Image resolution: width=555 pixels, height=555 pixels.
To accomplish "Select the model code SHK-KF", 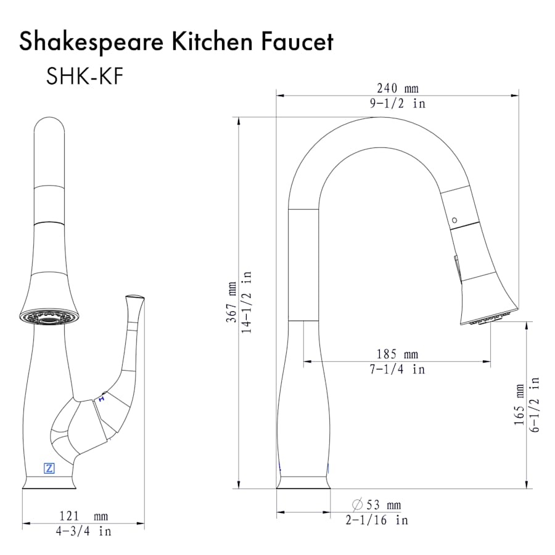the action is coord(84,76).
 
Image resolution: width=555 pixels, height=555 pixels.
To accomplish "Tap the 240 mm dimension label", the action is coord(398,88).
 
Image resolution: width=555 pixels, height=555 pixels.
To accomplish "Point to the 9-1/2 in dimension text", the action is coord(398,104).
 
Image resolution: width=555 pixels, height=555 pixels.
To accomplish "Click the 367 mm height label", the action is coord(231,302).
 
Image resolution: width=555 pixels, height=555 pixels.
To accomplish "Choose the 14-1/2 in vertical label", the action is coord(246,302).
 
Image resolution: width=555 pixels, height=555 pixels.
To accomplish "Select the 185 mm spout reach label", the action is coord(397,354).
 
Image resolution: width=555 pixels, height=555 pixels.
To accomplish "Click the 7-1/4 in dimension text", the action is coord(397,369).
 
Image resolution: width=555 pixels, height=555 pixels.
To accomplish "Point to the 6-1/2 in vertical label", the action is coord(535,405).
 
